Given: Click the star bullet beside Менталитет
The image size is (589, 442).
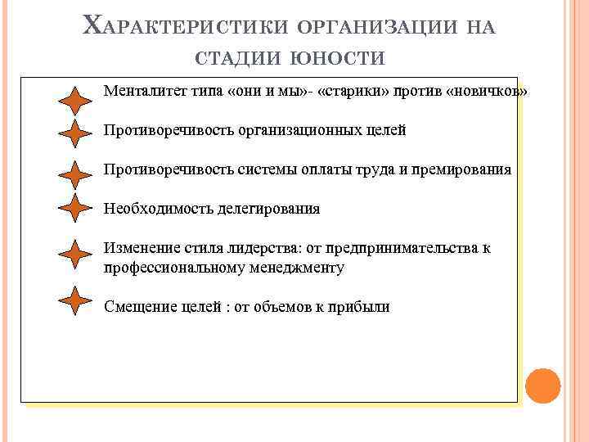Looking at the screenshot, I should tap(76, 101).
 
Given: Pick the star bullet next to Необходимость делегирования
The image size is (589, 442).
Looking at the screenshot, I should tap(76, 209).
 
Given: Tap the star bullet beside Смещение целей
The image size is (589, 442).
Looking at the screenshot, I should tap(76, 300).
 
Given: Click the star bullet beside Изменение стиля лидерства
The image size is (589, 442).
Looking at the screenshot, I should tap(76, 255).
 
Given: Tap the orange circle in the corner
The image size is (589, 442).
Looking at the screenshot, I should tap(541, 385).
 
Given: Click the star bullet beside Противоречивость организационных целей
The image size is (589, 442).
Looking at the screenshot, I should tap(76, 133).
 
